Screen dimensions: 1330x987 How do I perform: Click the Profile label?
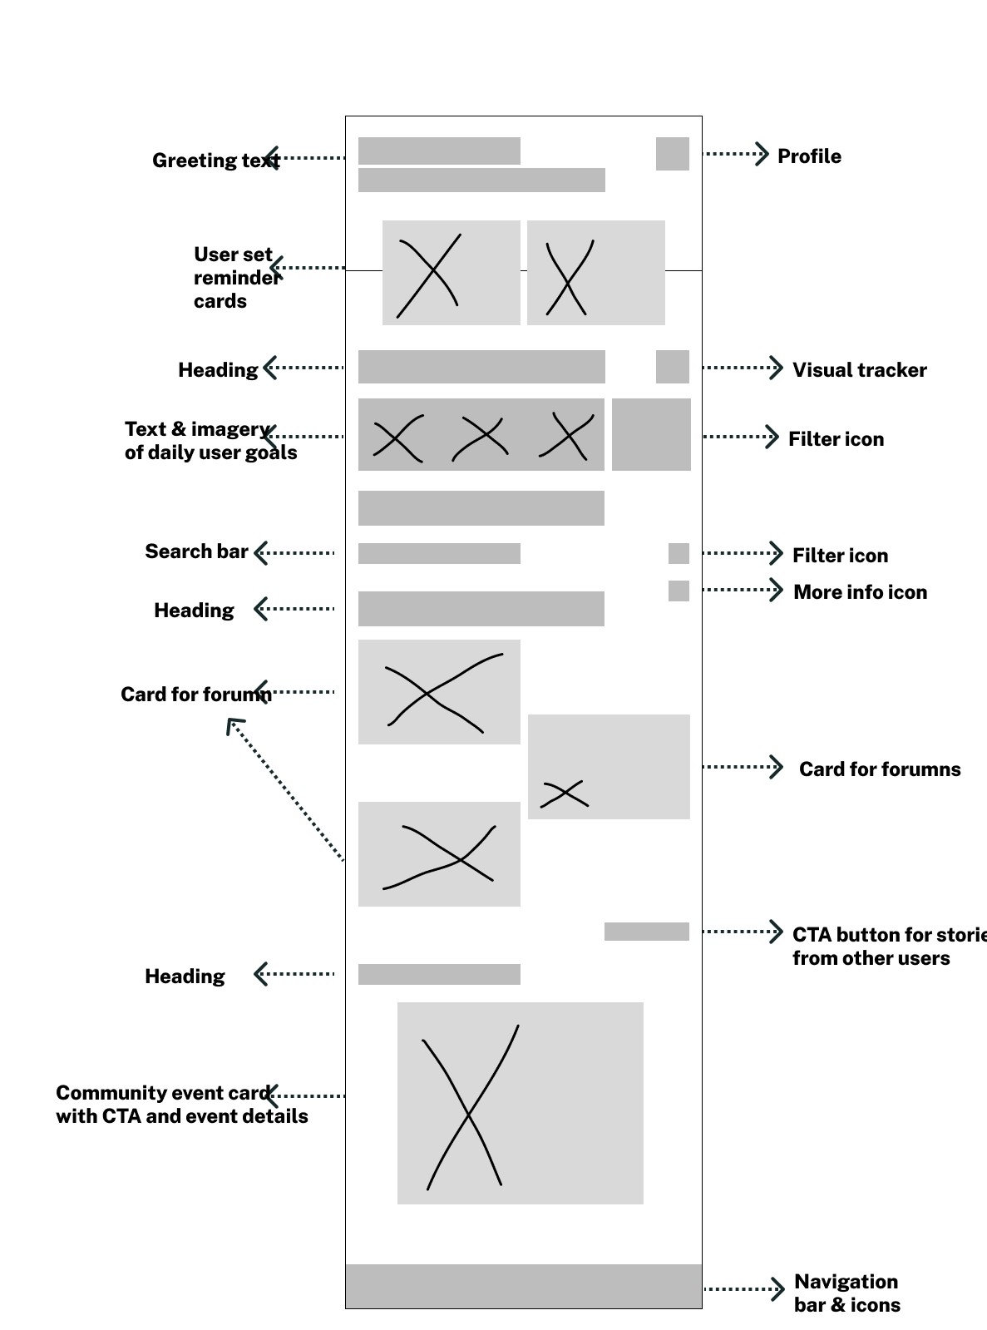tap(808, 156)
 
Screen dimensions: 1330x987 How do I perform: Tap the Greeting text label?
tap(215, 161)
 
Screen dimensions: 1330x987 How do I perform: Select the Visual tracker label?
tap(859, 370)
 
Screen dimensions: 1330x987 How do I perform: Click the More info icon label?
tap(860, 592)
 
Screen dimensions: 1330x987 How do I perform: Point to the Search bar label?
tap(196, 551)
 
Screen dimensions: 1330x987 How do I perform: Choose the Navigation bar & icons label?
tap(846, 1293)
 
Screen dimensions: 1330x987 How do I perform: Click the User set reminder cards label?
tap(235, 278)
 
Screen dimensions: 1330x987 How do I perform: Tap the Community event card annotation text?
tap(181, 1105)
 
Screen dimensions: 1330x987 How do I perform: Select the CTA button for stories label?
tap(886, 947)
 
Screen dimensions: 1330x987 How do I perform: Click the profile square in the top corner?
tap(672, 154)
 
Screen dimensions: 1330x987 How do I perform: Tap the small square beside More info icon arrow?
tap(679, 591)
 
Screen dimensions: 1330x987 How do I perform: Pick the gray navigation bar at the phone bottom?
tap(523, 1286)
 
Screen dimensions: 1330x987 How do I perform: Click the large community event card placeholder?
tap(520, 1103)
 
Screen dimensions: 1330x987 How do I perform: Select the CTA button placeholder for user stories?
tap(646, 932)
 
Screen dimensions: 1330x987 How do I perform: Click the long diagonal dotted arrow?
tap(285, 790)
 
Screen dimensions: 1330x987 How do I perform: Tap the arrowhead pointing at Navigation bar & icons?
tap(777, 1289)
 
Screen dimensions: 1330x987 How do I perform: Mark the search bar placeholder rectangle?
tap(439, 553)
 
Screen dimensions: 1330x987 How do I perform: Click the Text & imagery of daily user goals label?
tap(210, 441)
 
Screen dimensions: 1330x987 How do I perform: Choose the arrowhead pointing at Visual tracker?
tap(777, 368)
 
